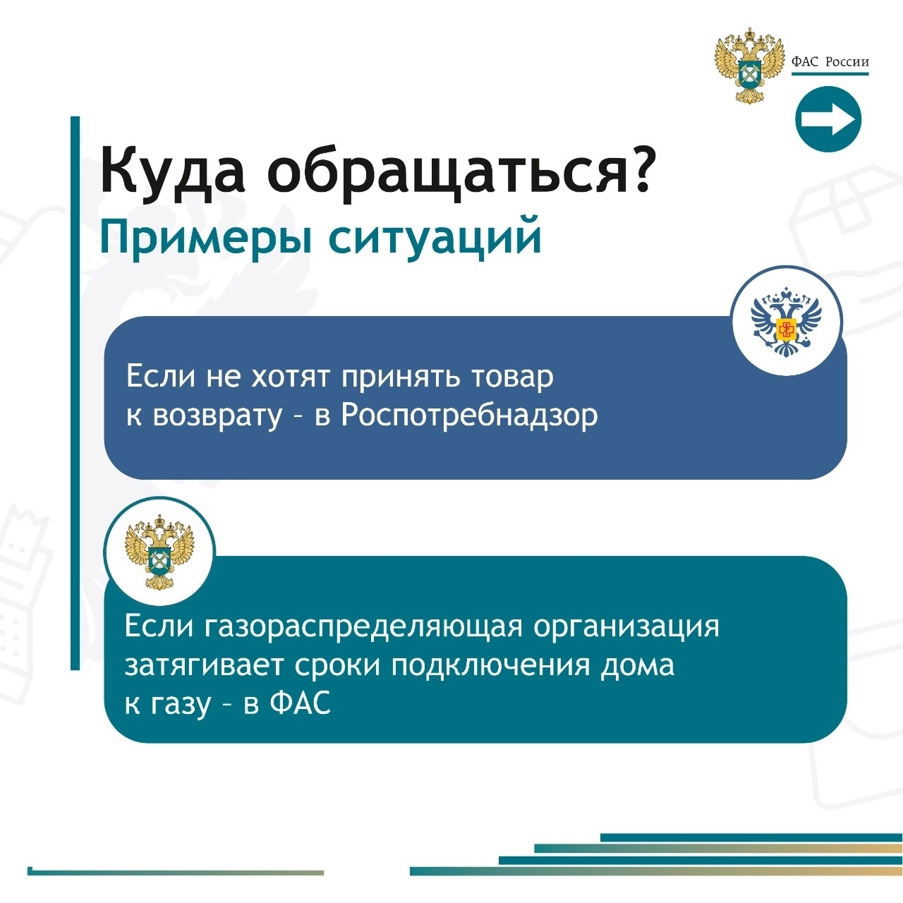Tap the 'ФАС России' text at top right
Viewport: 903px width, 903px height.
pyautogui.click(x=830, y=62)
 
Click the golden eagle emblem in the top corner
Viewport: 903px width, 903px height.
pyautogui.click(x=749, y=65)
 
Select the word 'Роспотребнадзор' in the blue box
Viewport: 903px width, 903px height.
pyautogui.click(x=469, y=416)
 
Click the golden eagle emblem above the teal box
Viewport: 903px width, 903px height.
pyautogui.click(x=159, y=552)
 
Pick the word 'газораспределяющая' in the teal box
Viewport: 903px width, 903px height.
pyautogui.click(x=363, y=626)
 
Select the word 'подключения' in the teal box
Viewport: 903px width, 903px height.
pyautogui.click(x=490, y=666)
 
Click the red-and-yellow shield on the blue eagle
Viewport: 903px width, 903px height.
pyautogui.click(x=786, y=329)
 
